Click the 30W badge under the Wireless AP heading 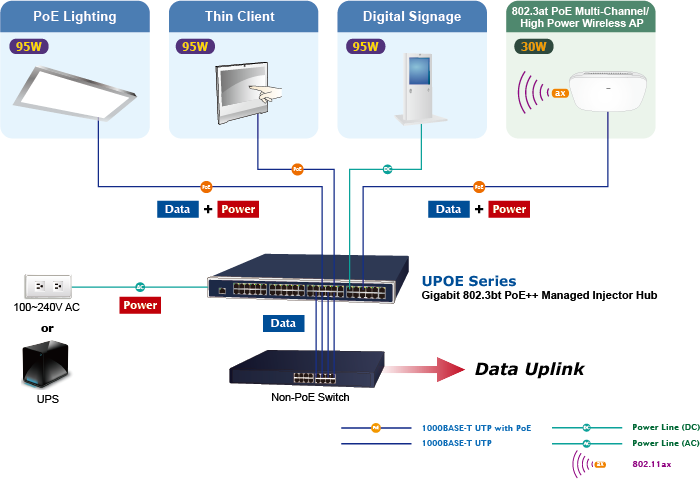534,46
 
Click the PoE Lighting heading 75,17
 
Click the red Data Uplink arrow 420,370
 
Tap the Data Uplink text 529,370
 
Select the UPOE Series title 469,281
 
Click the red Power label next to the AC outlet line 139,305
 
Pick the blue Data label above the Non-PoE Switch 283,324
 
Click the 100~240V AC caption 46,307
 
